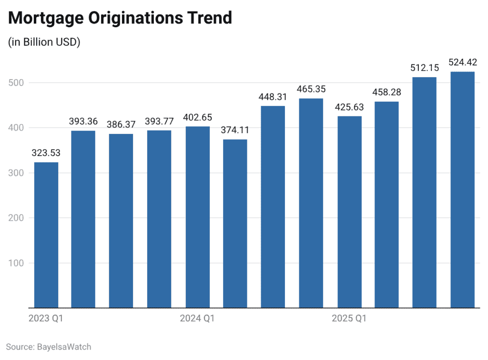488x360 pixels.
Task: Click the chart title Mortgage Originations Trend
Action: pos(120,18)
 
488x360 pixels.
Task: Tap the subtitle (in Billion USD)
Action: pos(44,42)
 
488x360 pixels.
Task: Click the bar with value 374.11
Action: pos(235,224)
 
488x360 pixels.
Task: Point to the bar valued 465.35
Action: pos(311,203)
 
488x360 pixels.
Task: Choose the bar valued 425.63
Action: pos(349,212)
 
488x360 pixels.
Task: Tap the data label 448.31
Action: pos(273,97)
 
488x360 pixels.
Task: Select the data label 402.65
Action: pos(198,117)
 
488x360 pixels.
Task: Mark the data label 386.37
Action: pos(122,124)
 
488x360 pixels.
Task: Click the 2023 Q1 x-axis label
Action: pos(45,319)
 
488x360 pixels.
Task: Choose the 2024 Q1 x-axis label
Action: pos(197,319)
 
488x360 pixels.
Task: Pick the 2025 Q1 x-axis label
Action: pos(349,319)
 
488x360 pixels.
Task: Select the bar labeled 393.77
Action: pos(160,219)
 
